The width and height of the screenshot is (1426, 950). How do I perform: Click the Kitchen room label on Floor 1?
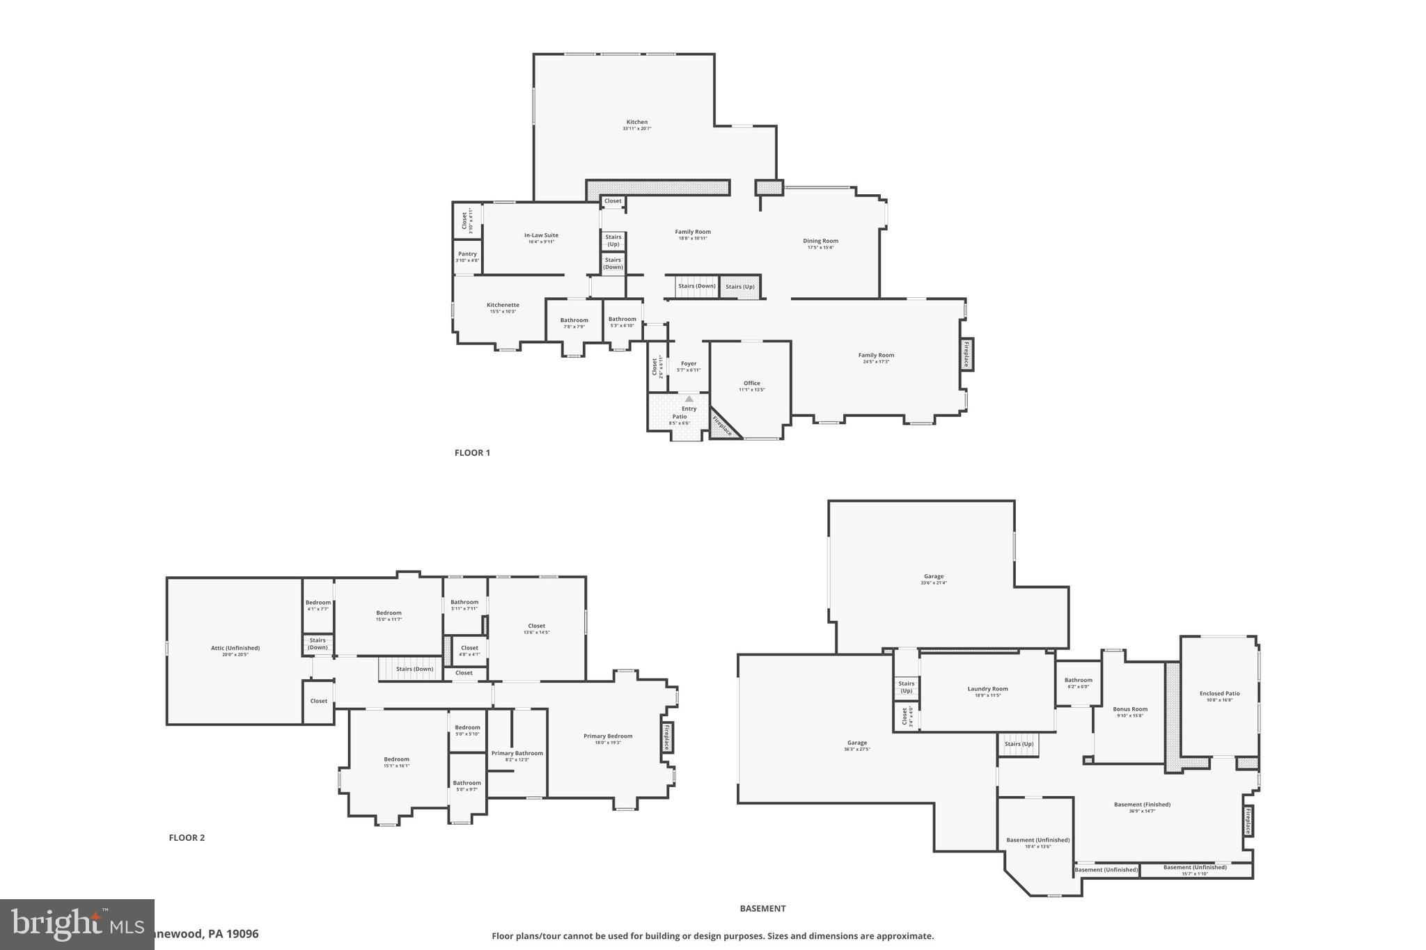(636, 122)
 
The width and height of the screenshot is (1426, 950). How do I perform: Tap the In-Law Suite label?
(541, 235)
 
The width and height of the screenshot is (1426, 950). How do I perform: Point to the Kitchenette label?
(503, 305)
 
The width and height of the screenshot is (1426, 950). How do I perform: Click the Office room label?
(751, 383)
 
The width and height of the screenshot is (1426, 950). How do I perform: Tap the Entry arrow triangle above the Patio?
(689, 399)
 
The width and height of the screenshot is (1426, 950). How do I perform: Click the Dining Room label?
(820, 242)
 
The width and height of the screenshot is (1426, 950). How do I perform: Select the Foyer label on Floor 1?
(688, 364)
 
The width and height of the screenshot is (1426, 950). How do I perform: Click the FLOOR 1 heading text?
(472, 452)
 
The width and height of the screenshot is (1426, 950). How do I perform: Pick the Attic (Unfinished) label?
(235, 648)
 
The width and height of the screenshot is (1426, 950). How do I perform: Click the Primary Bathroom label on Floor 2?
(517, 753)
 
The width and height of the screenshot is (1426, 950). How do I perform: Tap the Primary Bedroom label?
(608, 736)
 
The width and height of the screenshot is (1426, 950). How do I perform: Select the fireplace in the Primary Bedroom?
(666, 737)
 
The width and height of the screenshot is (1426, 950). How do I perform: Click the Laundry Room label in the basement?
(987, 689)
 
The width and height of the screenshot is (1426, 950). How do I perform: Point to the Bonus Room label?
(1129, 709)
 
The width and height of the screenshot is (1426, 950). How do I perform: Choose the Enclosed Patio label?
(1219, 693)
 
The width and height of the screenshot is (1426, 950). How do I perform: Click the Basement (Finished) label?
(1142, 805)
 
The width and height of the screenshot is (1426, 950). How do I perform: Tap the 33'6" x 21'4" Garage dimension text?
(933, 583)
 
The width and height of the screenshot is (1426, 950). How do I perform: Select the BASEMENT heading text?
(762, 908)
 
